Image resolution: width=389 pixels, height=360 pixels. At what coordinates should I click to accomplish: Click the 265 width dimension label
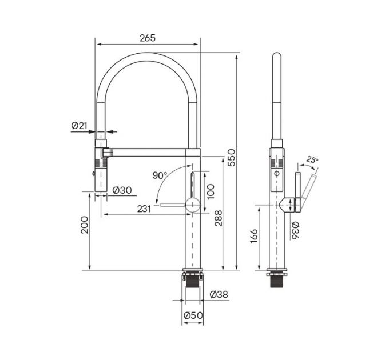[x=148, y=38]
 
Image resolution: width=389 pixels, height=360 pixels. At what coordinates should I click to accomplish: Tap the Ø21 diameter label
[x=79, y=126]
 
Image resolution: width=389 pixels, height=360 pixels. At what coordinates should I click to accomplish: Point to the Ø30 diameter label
[x=122, y=189]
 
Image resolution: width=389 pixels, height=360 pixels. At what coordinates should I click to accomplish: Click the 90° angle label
[x=160, y=175]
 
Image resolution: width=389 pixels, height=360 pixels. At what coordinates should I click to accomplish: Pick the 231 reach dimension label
[x=144, y=209]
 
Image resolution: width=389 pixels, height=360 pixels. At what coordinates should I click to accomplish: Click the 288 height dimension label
[x=218, y=218]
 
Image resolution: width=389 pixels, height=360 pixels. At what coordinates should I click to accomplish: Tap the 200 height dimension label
[x=84, y=225]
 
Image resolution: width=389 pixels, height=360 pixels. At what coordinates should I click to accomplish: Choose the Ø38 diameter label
[x=219, y=294]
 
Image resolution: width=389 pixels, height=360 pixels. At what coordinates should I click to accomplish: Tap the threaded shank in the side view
[x=277, y=280]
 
